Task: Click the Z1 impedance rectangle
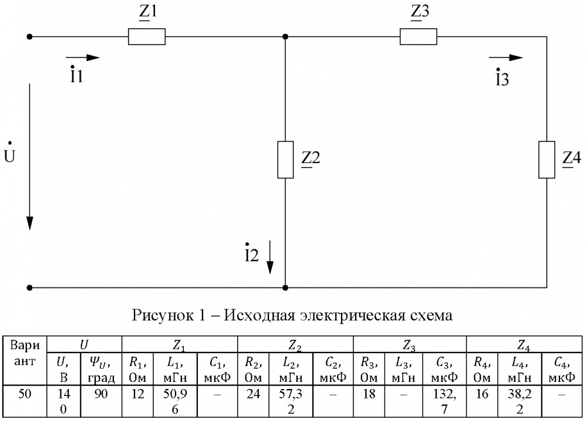pyautogui.click(x=147, y=36)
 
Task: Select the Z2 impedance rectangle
pyautogui.click(x=285, y=160)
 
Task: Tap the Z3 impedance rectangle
pyautogui.click(x=418, y=36)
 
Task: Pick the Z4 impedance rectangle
pyautogui.click(x=546, y=160)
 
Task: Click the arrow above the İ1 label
pyautogui.click(x=83, y=57)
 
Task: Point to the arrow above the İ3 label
pyautogui.click(x=506, y=57)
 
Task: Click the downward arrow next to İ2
pyautogui.click(x=270, y=258)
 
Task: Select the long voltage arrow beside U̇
pyautogui.click(x=29, y=157)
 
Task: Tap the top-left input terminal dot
pyautogui.click(x=29, y=36)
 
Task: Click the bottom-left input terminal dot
pyautogui.click(x=29, y=287)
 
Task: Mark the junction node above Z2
pyautogui.click(x=285, y=36)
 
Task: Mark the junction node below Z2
pyautogui.click(x=285, y=287)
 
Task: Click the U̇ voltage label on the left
pyautogui.click(x=9, y=153)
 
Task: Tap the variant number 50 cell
pyautogui.click(x=25, y=394)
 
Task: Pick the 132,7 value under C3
pyautogui.click(x=444, y=401)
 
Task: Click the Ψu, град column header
pyautogui.click(x=101, y=370)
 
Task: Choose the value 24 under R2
pyautogui.click(x=253, y=394)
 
